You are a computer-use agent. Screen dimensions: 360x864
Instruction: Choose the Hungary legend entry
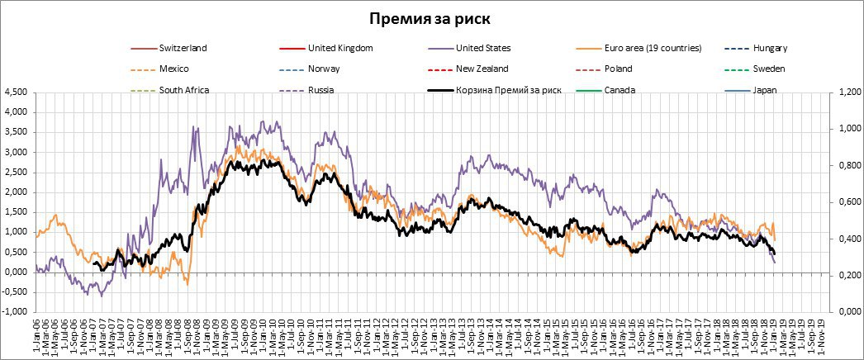[770, 48]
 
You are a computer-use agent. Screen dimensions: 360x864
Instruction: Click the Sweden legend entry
[769, 69]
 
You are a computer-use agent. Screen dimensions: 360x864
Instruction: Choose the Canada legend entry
[620, 89]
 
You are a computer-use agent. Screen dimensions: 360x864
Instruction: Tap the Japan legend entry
[765, 89]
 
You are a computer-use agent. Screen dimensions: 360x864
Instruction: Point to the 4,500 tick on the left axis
[16, 92]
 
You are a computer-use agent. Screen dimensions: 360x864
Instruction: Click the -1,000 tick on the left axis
[14, 311]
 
